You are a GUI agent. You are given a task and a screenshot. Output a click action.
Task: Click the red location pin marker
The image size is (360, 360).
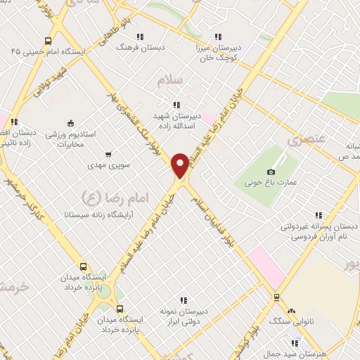click(x=180, y=165)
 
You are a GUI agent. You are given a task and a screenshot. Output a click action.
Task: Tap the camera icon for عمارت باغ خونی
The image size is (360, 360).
click(x=271, y=172)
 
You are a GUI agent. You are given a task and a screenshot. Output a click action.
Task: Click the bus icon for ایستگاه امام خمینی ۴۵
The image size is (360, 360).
click(x=47, y=40)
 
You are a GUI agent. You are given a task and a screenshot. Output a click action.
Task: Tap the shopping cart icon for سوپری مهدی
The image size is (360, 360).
click(x=108, y=154)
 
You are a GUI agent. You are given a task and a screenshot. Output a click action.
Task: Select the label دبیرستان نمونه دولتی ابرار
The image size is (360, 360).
click(x=184, y=317)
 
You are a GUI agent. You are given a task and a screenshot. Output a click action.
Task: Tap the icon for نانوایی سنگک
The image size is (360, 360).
click(x=292, y=310)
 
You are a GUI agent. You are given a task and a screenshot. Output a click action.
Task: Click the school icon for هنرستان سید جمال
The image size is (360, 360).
click(x=295, y=343)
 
